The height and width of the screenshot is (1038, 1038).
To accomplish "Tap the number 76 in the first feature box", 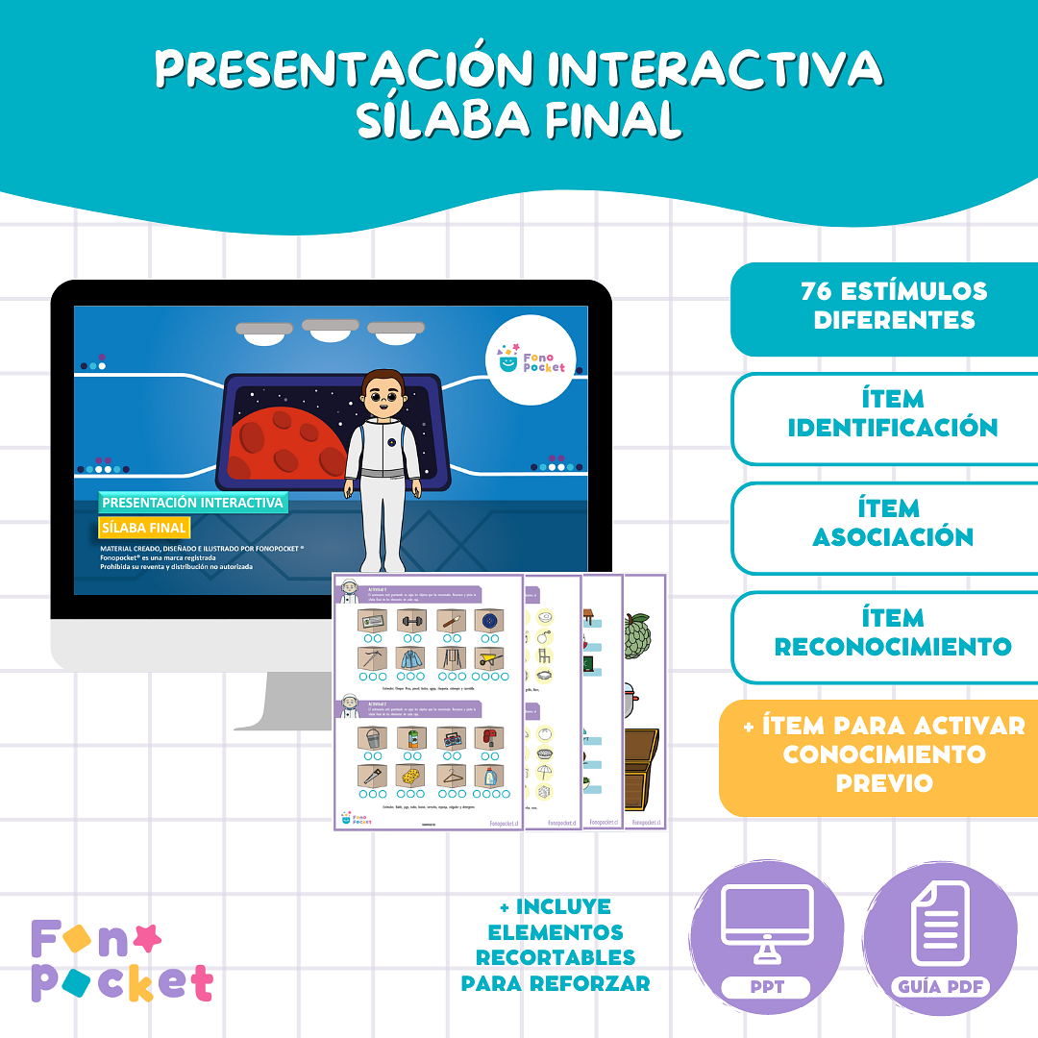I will click(817, 291).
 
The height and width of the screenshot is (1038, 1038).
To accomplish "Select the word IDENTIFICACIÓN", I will click(893, 428).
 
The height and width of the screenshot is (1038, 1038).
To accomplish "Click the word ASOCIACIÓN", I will click(893, 537).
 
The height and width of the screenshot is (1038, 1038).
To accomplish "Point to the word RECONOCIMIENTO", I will click(893, 647).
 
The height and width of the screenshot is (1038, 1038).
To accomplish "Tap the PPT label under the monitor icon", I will click(766, 987).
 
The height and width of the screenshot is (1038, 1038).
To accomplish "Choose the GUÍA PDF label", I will click(940, 987).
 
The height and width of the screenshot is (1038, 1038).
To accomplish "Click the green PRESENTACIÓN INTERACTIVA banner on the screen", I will click(192, 503).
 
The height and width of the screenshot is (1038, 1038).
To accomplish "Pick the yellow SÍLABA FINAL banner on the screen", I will click(144, 528).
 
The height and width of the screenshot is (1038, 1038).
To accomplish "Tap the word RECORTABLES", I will click(556, 958).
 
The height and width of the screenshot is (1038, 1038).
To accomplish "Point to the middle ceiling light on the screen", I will click(330, 327).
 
